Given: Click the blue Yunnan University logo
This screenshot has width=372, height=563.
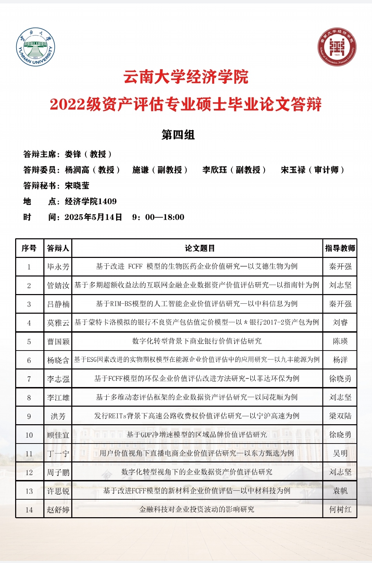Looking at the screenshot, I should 35,47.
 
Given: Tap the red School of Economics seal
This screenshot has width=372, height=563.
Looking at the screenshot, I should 337,47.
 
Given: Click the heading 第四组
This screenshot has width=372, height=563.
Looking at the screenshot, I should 178,135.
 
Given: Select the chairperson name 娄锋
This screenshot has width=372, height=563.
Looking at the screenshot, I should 73,154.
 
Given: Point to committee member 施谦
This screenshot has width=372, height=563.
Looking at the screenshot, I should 141,170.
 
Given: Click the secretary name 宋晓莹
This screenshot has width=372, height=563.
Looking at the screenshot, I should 77,186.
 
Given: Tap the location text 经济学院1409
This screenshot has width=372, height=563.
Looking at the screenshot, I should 91,201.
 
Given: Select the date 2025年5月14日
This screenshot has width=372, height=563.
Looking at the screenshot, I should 93,217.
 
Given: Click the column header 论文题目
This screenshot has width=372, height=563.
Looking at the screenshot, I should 200,248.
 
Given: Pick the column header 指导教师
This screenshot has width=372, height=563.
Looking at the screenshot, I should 340,248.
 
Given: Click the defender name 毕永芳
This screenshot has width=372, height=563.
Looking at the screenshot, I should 58,267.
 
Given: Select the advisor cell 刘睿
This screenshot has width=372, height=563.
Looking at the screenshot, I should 340,322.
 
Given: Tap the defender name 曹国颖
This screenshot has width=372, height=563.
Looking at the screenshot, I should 58,341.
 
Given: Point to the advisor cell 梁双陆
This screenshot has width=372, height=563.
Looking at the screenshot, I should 340,416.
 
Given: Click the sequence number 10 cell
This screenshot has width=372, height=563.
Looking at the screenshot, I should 29,435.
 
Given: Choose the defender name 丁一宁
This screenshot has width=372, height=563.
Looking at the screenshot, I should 58,453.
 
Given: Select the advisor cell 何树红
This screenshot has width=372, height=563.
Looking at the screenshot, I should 340,509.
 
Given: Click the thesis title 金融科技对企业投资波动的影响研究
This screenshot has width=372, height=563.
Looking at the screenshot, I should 197,509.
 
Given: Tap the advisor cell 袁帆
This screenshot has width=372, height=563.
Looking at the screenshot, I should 340,491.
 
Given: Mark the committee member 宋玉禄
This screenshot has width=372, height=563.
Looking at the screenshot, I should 293,170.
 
